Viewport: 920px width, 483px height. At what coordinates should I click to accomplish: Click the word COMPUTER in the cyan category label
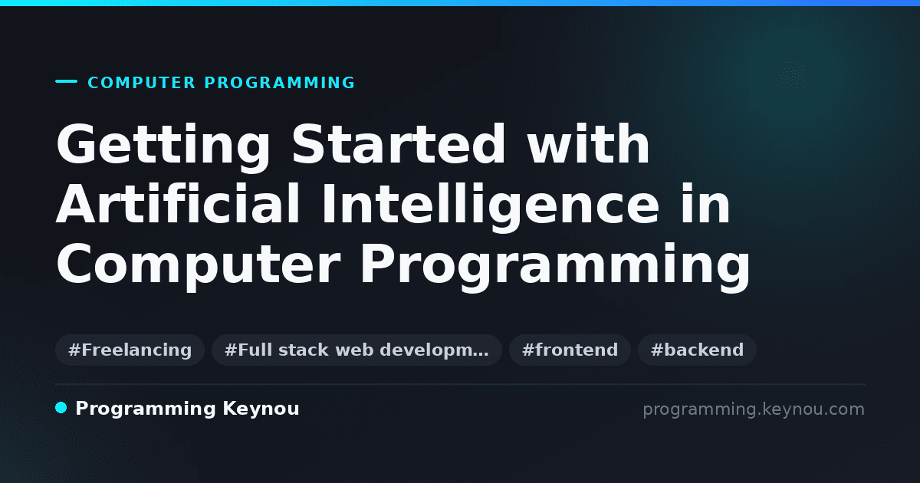[141, 83]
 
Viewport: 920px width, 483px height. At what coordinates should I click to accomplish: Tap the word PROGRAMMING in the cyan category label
[279, 83]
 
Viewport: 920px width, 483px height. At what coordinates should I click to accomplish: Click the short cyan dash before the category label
[66, 81]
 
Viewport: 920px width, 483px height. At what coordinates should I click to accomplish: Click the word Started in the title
[398, 144]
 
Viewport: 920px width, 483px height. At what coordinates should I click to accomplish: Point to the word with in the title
[588, 144]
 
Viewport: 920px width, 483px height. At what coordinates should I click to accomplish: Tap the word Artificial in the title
[178, 203]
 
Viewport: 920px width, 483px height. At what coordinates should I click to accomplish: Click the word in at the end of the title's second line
[705, 203]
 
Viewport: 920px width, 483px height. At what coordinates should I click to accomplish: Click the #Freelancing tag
[130, 350]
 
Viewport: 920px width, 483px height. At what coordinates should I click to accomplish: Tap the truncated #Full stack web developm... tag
[356, 350]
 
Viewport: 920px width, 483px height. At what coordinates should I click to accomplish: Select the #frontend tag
[570, 350]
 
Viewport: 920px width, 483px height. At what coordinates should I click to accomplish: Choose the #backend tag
[697, 350]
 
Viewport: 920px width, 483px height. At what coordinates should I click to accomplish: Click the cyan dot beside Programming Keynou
[61, 408]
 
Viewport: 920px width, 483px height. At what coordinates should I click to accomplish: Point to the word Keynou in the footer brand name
[261, 409]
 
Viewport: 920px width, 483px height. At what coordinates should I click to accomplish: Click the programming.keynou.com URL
[754, 410]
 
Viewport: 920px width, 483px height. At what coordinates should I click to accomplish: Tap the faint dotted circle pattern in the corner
[792, 75]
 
